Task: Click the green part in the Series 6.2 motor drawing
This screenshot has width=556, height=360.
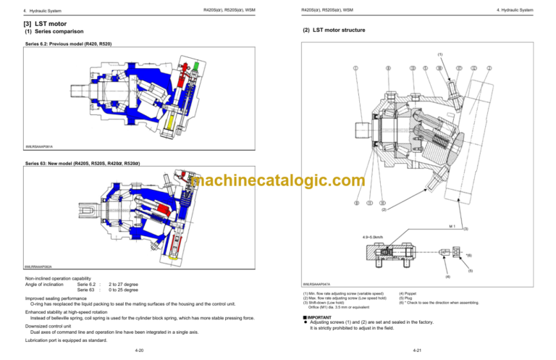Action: click(x=197, y=67)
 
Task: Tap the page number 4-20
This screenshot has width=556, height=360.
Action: click(x=138, y=351)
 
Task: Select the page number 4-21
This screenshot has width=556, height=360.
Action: click(x=416, y=351)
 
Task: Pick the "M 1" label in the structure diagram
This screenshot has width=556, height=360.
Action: click(x=453, y=226)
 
